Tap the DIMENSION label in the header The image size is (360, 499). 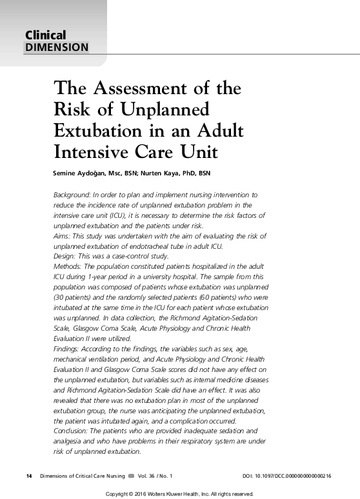click(x=56, y=47)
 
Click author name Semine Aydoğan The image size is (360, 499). click(x=78, y=173)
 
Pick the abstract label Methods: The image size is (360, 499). click(x=68, y=266)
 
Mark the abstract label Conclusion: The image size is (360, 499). click(x=71, y=431)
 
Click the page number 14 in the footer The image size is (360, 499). click(x=28, y=476)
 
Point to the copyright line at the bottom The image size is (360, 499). click(x=179, y=493)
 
